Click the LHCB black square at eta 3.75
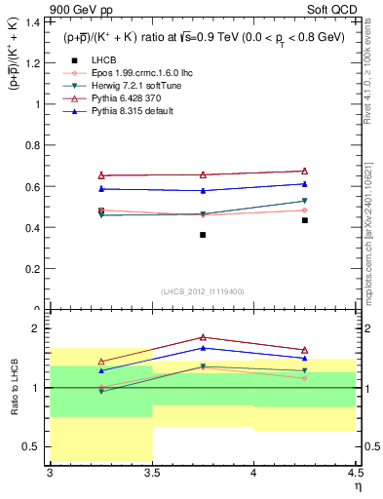click(203, 235)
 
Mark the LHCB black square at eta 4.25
click(305, 220)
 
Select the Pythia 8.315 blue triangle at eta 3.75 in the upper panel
click(203, 190)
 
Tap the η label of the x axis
click(358, 486)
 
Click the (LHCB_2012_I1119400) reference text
click(202, 292)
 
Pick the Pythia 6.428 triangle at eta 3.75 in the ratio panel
click(203, 337)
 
